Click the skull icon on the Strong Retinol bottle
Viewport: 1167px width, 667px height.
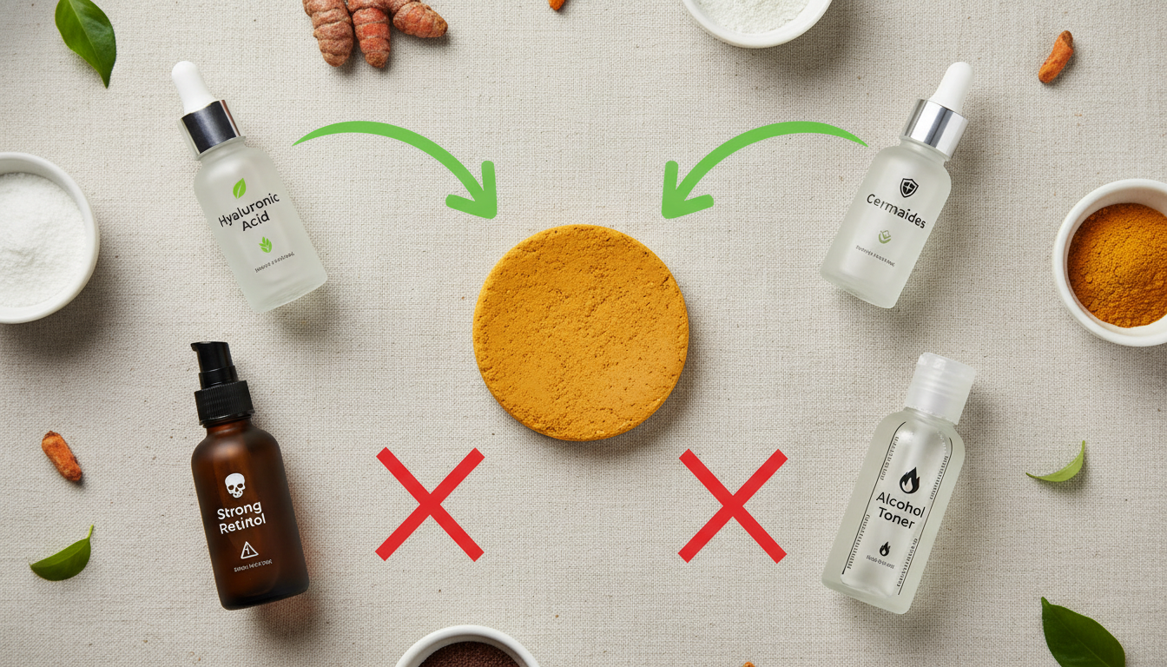[234, 484]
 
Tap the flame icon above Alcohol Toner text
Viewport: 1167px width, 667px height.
[908, 479]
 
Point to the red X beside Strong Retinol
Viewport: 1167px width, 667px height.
[430, 504]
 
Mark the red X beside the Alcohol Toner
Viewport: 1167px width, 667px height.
[733, 505]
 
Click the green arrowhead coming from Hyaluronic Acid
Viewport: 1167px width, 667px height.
[475, 197]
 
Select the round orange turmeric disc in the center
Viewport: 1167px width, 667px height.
[581, 332]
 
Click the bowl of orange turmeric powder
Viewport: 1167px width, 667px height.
[1117, 262]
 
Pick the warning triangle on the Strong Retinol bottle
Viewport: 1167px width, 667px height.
[249, 549]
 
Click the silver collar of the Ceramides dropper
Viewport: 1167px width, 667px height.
[935, 126]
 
